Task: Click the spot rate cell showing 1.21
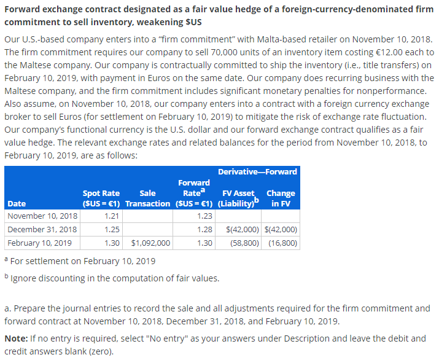pyautogui.click(x=112, y=216)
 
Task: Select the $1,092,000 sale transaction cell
pyautogui.click(x=150, y=243)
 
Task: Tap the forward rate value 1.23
pyautogui.click(x=205, y=216)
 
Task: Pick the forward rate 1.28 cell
pyautogui.click(x=205, y=230)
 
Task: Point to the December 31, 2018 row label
pyautogui.click(x=42, y=230)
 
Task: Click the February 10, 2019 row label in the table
pyautogui.click(x=41, y=243)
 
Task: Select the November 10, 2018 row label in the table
pyautogui.click(x=42, y=216)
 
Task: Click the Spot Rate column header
pyautogui.click(x=101, y=198)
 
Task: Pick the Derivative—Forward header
pyautogui.click(x=257, y=171)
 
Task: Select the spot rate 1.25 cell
pyautogui.click(x=112, y=230)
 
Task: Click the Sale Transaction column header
pyautogui.click(x=147, y=198)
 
